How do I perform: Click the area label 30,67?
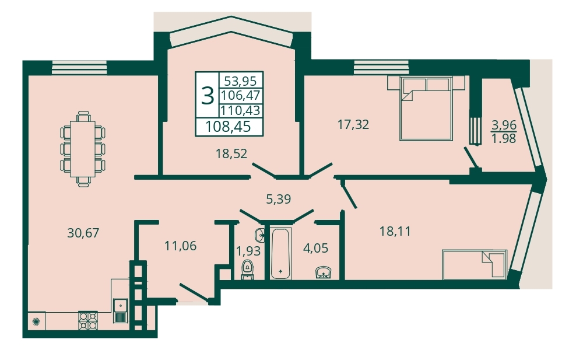point(83,232)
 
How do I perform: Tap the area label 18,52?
point(231,153)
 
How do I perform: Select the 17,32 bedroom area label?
point(353,125)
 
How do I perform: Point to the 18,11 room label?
point(395,231)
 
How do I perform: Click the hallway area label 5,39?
point(278,199)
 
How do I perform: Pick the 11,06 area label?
point(180,246)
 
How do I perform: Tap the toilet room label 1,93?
point(248,251)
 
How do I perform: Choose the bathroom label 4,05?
point(315,248)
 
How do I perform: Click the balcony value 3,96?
point(504,125)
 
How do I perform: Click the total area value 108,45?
point(229,127)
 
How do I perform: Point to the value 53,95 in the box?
point(240,80)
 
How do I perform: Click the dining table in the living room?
point(83,149)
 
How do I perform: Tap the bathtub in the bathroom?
point(280,253)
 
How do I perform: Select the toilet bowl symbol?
point(248,270)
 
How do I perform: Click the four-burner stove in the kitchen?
point(88,320)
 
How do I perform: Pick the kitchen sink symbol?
point(120,310)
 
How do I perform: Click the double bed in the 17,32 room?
point(426,108)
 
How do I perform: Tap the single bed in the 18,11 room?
point(475,264)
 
